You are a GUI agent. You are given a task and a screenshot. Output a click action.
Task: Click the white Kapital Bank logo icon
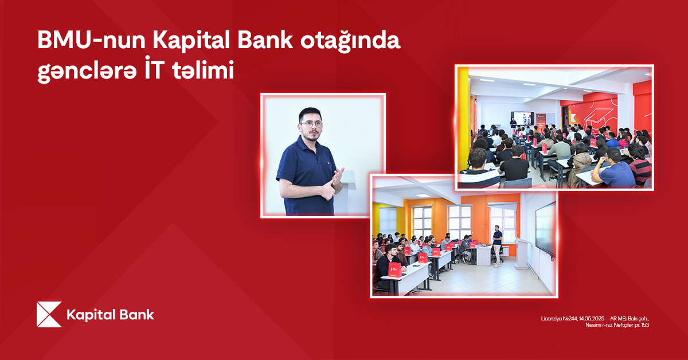point(49,315)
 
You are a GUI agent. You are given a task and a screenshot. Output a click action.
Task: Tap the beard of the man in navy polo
point(310,138)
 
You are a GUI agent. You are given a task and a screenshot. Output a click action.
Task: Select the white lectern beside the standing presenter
point(521,253)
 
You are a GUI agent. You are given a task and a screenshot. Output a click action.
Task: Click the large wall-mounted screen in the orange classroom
point(545,229)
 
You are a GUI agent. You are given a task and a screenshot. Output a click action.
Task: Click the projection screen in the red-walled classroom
point(522,118)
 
